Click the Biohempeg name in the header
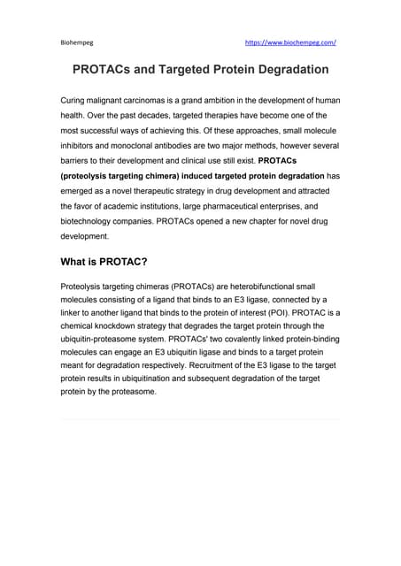pos(73,42)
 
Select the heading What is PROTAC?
pos(104,263)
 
